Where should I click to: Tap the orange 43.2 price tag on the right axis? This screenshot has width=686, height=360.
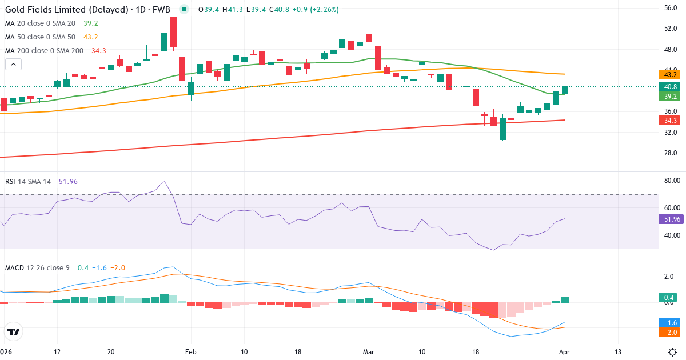[670, 75]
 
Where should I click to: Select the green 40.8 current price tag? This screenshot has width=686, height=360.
[670, 86]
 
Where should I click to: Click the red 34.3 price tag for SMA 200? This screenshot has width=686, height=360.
[670, 121]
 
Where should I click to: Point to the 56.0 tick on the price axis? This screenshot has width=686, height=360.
[671, 8]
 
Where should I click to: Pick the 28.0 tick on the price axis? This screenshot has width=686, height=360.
[671, 153]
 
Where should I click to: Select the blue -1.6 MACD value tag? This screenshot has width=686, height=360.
[670, 322]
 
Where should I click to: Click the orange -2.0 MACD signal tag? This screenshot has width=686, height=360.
[670, 333]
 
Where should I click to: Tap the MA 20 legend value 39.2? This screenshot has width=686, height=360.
[91, 23]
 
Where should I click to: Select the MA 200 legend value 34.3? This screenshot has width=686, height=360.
[98, 51]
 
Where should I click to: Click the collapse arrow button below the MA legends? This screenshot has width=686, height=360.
[13, 65]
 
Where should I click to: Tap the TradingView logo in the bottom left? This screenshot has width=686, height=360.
[13, 331]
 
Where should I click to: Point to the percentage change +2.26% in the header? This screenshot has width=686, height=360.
[324, 10]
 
